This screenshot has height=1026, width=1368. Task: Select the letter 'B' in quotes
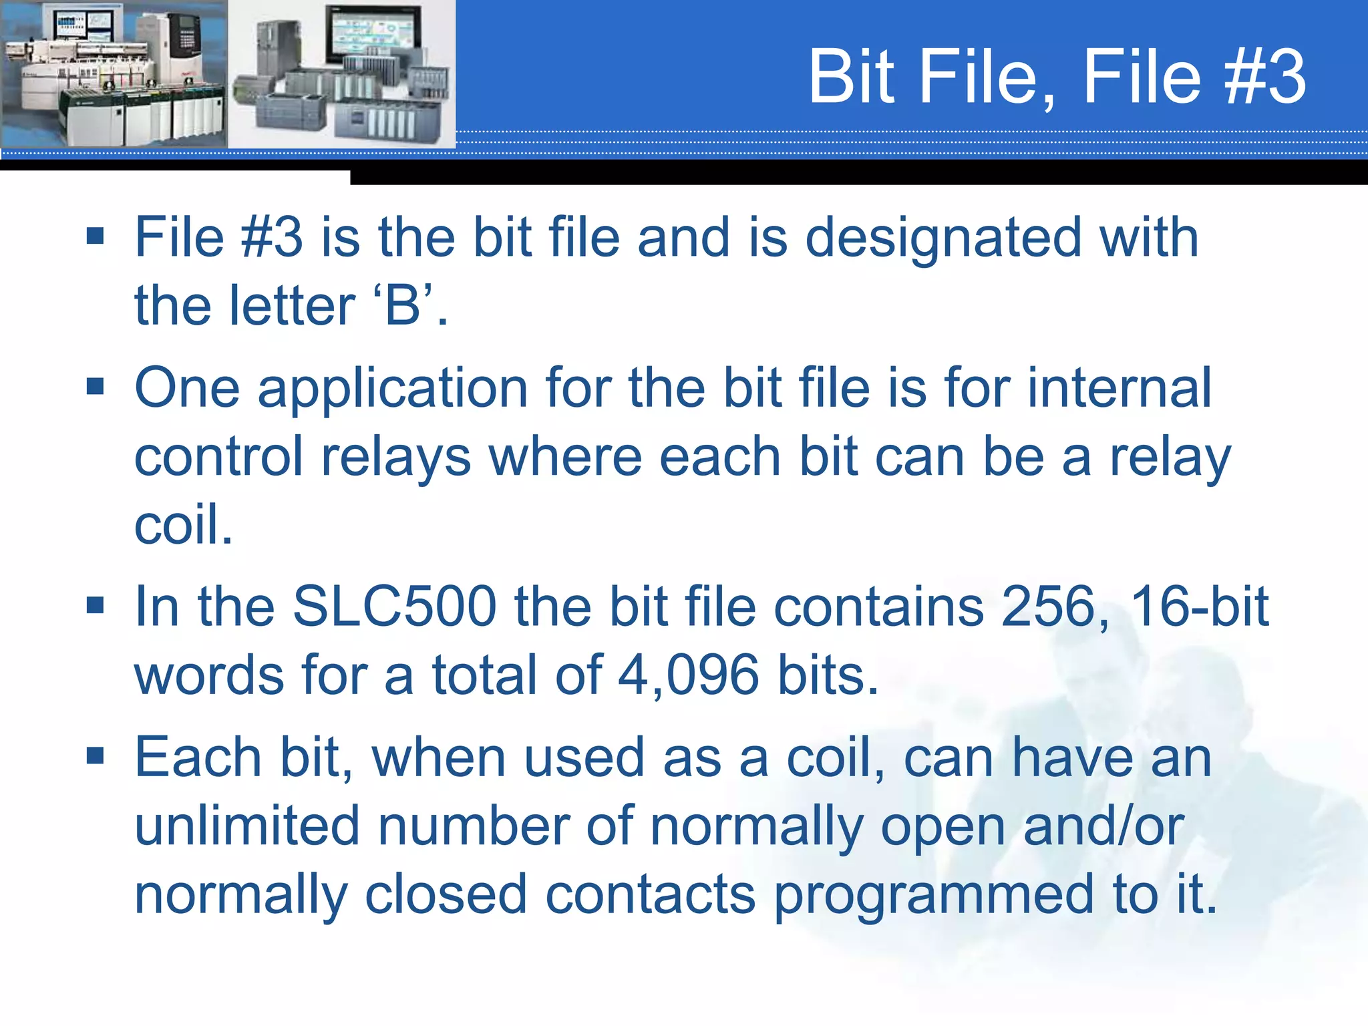coord(402,306)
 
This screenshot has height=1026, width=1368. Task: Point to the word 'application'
coord(393,389)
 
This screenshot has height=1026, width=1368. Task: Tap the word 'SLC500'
coord(394,607)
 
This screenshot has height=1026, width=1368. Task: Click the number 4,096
coord(688,675)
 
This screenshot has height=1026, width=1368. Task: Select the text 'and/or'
coord(1103,826)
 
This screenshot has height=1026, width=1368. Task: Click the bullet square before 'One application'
coord(96,387)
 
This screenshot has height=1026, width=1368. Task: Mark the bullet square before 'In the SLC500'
coord(96,605)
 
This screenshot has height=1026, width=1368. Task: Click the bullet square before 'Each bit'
coord(96,756)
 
